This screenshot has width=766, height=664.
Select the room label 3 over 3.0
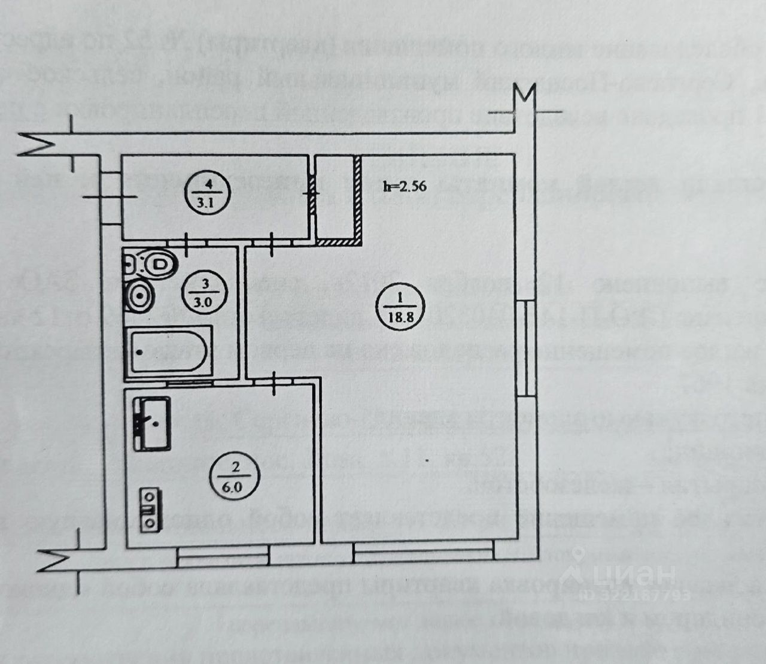pos(205,292)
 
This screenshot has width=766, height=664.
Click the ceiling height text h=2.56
pos(405,186)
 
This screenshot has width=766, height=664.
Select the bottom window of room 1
pos(422,550)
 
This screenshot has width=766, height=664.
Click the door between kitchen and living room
pos(274,382)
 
